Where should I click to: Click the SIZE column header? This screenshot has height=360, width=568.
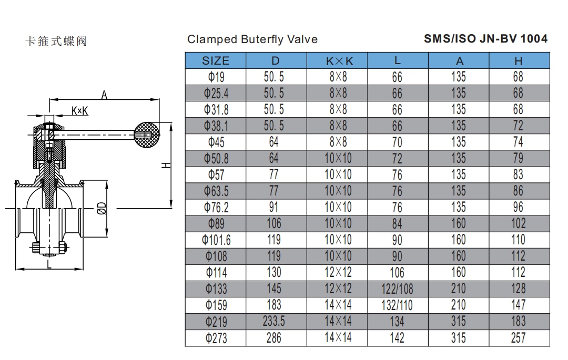point(216,60)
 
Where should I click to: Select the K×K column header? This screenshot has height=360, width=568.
point(337,60)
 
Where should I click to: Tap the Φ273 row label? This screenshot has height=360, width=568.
point(216,337)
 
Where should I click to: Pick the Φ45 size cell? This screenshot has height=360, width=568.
point(216,142)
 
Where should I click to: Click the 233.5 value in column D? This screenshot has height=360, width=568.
point(273,321)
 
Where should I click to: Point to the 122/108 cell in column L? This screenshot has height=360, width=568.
point(397,289)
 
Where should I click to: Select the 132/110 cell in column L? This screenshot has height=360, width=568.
point(397,305)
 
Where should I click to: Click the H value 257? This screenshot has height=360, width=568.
point(518,337)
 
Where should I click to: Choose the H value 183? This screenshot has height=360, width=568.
point(518,321)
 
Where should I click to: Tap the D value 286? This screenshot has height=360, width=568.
point(273,337)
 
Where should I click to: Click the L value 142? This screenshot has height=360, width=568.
point(397,337)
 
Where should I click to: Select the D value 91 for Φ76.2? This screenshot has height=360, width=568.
point(273,207)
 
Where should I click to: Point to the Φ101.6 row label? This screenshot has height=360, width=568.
point(216,240)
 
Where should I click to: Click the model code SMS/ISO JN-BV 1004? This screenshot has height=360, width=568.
point(485,38)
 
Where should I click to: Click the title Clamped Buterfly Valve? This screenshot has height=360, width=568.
point(252,39)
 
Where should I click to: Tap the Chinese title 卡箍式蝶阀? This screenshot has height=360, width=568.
point(56,41)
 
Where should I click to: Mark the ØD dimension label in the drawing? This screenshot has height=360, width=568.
point(102,209)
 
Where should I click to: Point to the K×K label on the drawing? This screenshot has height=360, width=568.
point(79,110)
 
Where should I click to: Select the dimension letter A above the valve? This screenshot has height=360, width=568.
point(104,95)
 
